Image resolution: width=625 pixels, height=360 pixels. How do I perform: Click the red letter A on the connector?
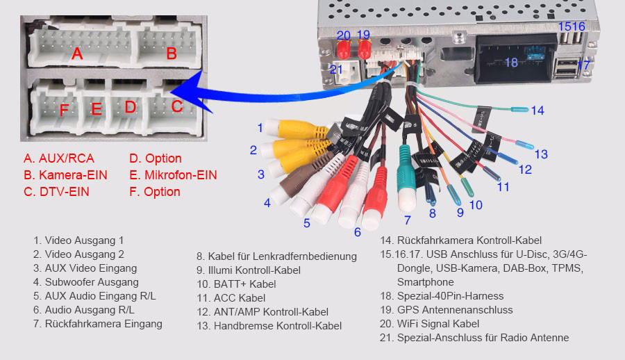78,53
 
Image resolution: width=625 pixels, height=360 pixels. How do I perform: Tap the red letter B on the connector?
171,53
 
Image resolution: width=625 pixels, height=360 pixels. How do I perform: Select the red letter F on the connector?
64,110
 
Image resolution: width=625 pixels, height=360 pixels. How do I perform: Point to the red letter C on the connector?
177,106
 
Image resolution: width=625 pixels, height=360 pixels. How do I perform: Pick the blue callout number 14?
537,111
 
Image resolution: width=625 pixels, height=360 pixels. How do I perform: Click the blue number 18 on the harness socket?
511,63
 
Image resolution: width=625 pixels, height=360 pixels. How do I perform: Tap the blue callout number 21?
337,69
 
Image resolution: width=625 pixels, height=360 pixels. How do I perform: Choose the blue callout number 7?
407,221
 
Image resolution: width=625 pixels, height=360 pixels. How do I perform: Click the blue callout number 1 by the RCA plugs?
260,127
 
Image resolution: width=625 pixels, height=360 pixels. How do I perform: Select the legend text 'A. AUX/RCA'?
59,158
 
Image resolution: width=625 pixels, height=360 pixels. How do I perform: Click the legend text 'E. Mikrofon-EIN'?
173,175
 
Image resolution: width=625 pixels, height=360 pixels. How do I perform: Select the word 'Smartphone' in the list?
425,282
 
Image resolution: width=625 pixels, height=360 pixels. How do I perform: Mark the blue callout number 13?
541,154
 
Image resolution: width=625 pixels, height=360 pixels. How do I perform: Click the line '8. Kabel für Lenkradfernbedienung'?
276,256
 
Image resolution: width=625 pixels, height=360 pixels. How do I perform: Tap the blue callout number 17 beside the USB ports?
584,65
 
